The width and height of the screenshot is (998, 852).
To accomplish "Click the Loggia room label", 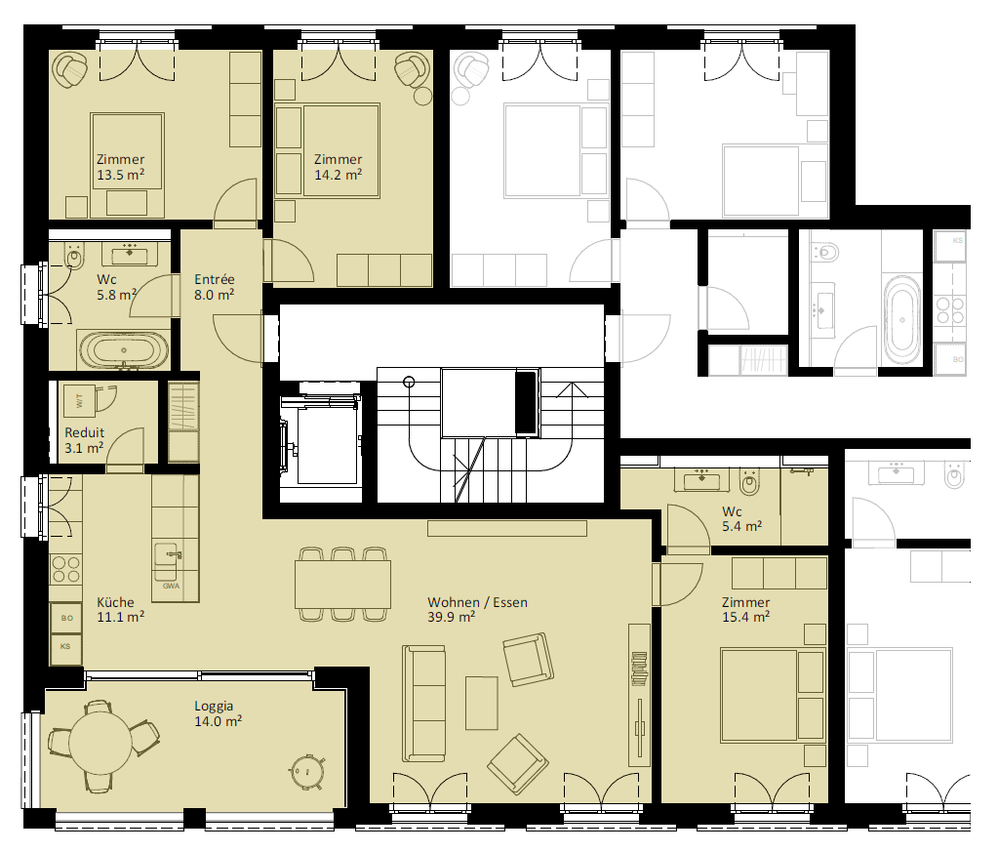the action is click(x=214, y=706).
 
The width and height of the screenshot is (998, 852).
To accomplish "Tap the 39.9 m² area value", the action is click(x=452, y=617).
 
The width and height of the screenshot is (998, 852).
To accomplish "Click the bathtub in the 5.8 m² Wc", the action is click(x=124, y=349).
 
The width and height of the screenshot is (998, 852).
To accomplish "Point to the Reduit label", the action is click(x=85, y=432).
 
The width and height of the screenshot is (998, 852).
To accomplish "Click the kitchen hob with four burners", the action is click(x=66, y=569).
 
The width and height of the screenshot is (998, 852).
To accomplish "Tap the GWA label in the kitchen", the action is click(x=171, y=586).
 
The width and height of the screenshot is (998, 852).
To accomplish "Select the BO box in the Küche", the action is click(x=66, y=618).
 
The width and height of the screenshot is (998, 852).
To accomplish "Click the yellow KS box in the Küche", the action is click(x=65, y=648).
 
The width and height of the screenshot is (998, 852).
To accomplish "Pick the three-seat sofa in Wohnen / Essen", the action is click(x=424, y=704).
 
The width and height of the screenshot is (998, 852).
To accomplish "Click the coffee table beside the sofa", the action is click(x=482, y=703).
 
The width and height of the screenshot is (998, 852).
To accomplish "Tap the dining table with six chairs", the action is click(x=342, y=584).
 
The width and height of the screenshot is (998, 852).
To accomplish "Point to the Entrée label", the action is click(x=215, y=279).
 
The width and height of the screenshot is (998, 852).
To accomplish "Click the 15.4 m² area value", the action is click(x=746, y=617).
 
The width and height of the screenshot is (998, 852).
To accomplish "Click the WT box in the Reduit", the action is click(x=80, y=401).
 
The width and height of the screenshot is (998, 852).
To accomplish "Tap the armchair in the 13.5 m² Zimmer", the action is click(x=70, y=69).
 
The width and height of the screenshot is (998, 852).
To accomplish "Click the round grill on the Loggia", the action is click(x=306, y=772).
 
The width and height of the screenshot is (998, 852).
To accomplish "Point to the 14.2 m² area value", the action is click(x=338, y=174).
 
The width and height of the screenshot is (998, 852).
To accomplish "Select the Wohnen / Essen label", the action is click(x=477, y=602).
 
